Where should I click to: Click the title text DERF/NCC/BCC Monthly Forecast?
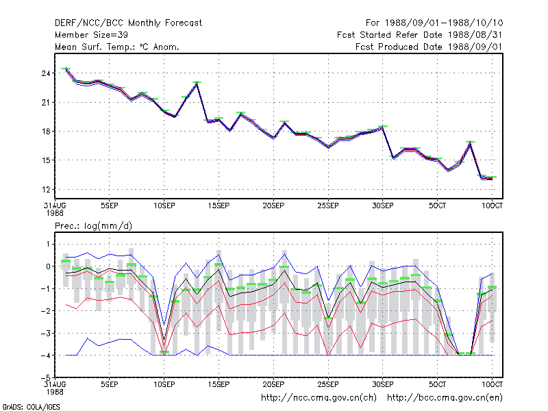click(x=128, y=23)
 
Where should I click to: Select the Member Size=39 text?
click(x=91, y=35)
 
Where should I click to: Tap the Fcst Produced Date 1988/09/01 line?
click(x=429, y=47)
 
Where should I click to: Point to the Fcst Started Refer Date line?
click(x=419, y=35)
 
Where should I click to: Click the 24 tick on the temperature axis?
click(x=46, y=73)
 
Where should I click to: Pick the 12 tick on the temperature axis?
click(x=46, y=190)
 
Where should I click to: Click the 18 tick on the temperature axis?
click(x=46, y=132)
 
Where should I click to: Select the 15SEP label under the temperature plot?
click(x=219, y=206)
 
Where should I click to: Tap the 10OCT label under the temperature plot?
click(x=492, y=206)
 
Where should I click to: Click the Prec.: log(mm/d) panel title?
click(x=93, y=226)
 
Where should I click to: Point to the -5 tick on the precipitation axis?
click(x=46, y=378)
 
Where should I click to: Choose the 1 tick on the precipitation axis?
click(x=48, y=244)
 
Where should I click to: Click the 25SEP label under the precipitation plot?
click(x=328, y=384)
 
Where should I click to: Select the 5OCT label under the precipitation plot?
click(x=437, y=384)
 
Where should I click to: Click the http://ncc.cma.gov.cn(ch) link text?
click(x=319, y=398)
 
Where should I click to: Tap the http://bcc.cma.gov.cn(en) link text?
click(x=445, y=398)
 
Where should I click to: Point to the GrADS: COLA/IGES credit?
click(x=31, y=407)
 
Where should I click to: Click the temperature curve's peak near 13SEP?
click(x=197, y=84)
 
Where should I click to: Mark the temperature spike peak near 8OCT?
click(x=471, y=143)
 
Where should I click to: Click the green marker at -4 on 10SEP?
click(x=164, y=351)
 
